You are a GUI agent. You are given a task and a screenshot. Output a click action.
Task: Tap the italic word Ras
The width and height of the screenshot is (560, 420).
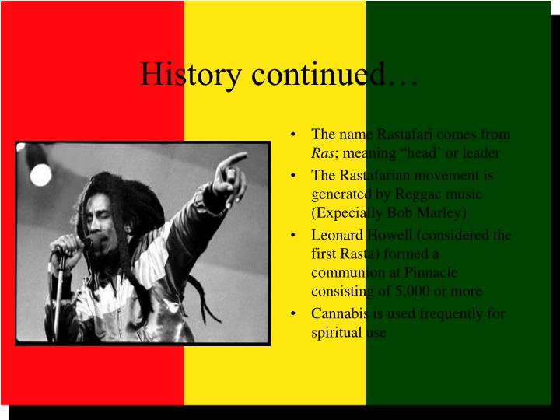320,153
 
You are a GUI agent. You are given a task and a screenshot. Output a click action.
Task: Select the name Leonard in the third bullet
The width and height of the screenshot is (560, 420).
334,235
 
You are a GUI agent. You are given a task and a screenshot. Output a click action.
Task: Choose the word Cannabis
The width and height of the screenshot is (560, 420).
337,313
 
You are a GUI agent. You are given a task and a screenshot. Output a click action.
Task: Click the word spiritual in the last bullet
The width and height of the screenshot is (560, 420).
333,332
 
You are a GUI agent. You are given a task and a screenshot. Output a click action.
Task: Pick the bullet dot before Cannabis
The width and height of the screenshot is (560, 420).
292,314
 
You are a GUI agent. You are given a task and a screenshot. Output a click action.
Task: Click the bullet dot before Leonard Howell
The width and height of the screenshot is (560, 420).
292,236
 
